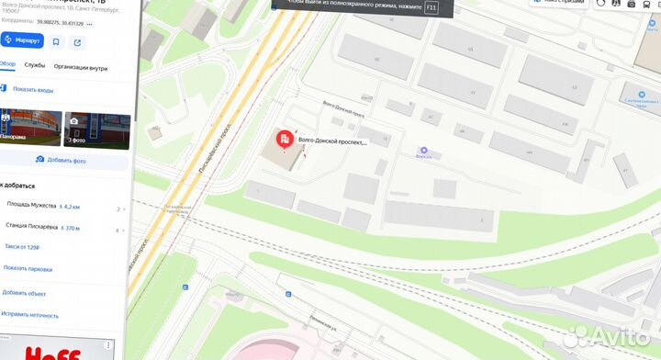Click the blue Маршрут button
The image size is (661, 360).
[x=23, y=40]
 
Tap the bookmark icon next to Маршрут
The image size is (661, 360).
[x=56, y=41]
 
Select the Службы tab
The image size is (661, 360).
[x=35, y=66]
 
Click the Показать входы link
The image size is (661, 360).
[x=32, y=89]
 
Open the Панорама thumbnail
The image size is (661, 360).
[x=30, y=129]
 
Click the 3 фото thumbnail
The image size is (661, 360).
[x=95, y=129]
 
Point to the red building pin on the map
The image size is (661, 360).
[x=285, y=141]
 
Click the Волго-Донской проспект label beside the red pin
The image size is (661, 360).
[x=332, y=142]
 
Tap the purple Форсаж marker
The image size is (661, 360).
[x=423, y=151]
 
